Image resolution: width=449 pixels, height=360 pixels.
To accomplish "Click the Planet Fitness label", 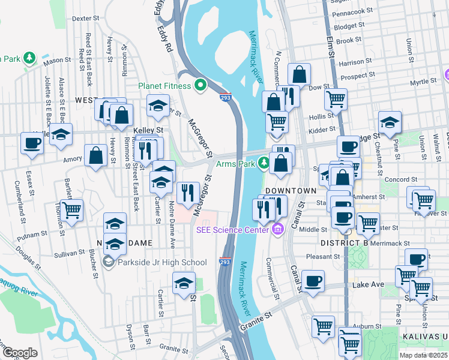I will click(164, 85).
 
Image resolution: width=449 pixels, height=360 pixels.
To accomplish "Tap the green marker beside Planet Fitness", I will click(199, 85).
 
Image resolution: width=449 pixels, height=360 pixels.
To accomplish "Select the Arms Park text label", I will click(235, 163).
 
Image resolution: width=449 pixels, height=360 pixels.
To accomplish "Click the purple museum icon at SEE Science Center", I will click(277, 229).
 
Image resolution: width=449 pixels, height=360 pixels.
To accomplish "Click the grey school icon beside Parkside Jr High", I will click(109, 262).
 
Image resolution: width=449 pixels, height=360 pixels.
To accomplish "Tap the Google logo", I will click(20, 353).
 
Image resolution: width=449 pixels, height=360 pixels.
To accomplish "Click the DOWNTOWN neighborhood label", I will click(291, 190).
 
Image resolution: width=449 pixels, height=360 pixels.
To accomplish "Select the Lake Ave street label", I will click(367, 284).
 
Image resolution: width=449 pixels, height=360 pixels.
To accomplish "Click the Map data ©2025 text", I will click(423, 355).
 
